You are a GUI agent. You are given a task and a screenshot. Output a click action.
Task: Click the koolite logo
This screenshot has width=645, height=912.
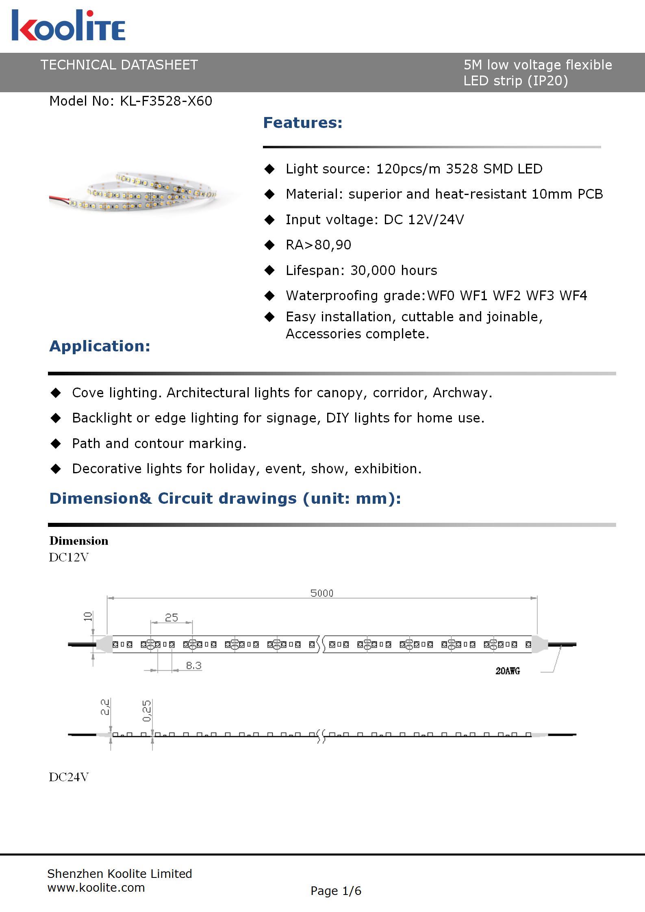click(68, 26)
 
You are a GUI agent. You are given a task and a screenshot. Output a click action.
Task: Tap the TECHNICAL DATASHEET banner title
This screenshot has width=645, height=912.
click(119, 65)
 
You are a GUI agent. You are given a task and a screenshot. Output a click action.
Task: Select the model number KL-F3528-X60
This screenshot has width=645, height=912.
click(166, 101)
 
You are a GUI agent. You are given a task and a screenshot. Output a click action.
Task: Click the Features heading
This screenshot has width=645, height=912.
click(303, 123)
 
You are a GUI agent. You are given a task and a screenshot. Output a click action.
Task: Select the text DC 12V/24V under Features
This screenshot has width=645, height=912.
click(424, 220)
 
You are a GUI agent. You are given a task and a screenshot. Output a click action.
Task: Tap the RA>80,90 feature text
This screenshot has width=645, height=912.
click(318, 245)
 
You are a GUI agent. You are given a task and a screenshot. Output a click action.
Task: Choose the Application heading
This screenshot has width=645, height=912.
click(100, 346)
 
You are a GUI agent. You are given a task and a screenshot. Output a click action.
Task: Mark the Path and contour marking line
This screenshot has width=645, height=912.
click(159, 444)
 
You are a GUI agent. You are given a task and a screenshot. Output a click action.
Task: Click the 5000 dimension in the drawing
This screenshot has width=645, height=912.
click(321, 593)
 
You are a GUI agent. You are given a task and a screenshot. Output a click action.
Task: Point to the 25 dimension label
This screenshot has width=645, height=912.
click(171, 618)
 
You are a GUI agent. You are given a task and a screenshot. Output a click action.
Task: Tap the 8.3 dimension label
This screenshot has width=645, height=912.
click(193, 666)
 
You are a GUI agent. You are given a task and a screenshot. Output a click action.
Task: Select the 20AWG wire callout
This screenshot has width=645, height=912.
click(507, 671)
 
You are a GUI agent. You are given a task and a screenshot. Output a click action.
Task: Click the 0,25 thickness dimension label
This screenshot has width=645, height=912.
click(147, 711)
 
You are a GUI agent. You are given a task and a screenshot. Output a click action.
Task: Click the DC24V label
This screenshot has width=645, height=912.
click(69, 777)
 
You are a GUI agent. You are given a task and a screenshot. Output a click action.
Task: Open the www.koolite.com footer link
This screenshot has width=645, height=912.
click(96, 888)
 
